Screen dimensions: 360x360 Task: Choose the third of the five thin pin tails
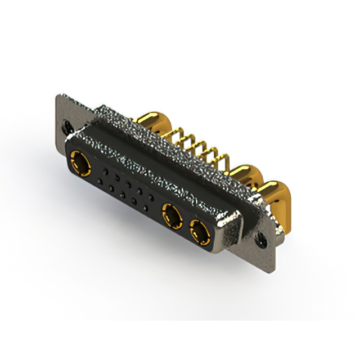click(198, 145)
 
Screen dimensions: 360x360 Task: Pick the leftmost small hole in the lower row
click(100, 180)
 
